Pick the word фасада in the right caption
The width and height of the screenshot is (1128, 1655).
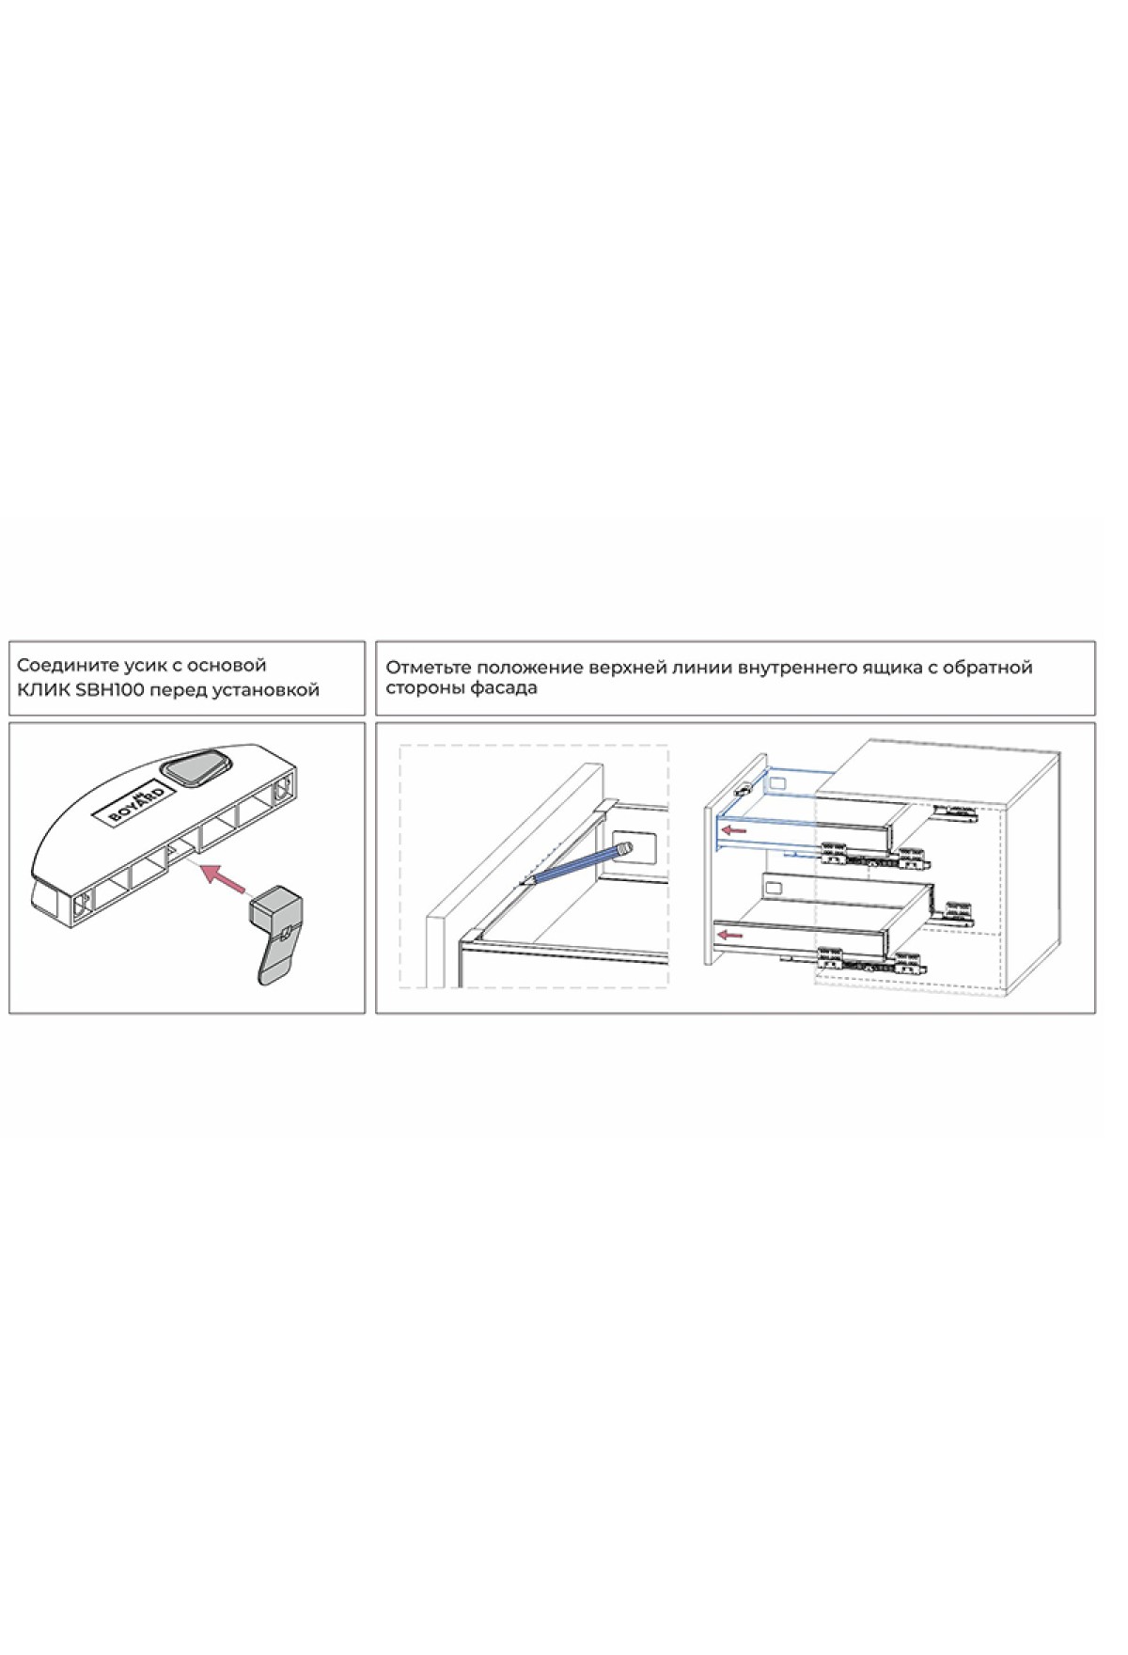(507, 688)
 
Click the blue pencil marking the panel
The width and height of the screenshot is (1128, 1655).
(576, 862)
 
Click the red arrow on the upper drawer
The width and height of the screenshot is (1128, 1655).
(733, 830)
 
